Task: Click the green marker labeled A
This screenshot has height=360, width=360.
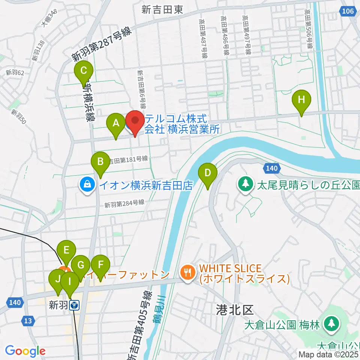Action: coord(116,123)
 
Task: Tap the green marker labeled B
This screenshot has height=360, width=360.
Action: coord(100,162)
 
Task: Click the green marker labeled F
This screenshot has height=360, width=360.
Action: coord(100,265)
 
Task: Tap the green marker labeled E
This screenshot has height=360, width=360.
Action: coord(66,250)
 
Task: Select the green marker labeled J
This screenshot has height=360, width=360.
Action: coord(58,280)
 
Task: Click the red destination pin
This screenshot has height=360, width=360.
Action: coord(134,121)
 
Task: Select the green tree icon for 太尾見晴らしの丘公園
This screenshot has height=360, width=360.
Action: coord(245,183)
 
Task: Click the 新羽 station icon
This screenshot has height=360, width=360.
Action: coord(74,306)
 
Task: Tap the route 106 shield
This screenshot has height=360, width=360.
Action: coord(348,12)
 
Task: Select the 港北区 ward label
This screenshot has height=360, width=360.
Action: coord(235,310)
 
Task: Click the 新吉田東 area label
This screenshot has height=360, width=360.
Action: coord(162,10)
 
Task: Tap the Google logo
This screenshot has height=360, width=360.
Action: coord(25,351)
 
